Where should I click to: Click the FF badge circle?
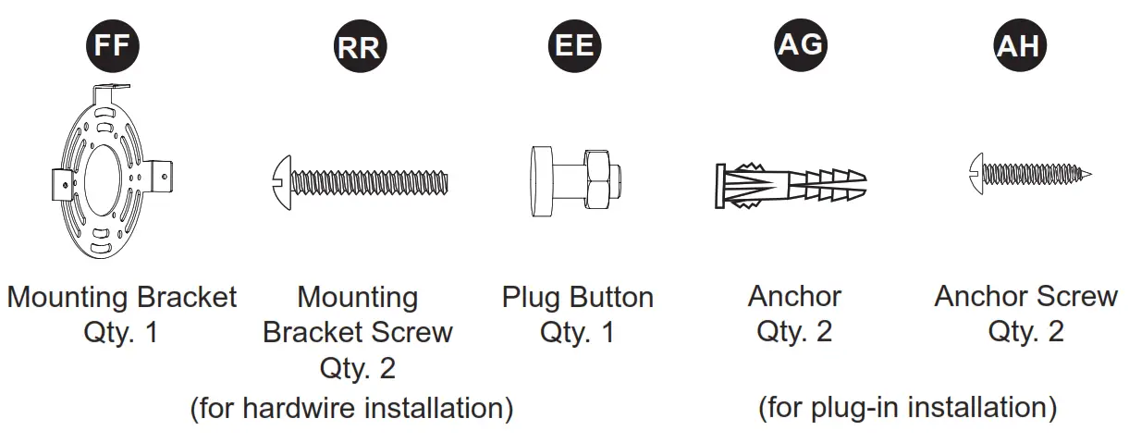[x=112, y=44]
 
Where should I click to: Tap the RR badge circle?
[x=358, y=47]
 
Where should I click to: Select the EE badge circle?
[x=574, y=44]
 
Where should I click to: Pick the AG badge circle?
[x=799, y=44]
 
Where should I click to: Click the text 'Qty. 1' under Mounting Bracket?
[x=120, y=332]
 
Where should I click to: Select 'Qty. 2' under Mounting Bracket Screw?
[x=357, y=368]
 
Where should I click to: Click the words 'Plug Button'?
[x=577, y=298]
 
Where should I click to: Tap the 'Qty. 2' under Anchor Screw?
[x=1025, y=331]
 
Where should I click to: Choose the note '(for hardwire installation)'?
[x=351, y=408]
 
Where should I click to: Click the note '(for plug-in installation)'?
[x=907, y=407]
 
